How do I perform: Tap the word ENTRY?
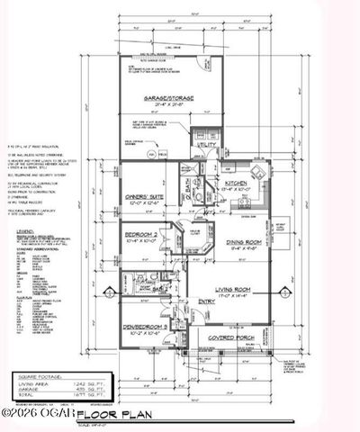click(207, 301)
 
